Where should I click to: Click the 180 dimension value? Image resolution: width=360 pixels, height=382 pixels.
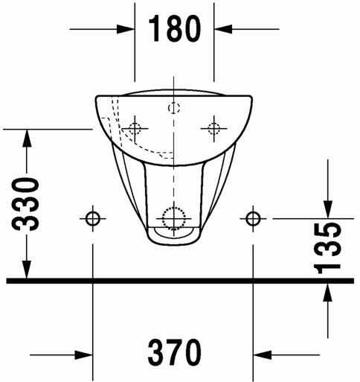[x=175, y=29]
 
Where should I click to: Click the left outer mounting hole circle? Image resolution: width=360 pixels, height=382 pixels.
[x=93, y=218]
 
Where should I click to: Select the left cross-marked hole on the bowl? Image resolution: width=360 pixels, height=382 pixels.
[x=134, y=127]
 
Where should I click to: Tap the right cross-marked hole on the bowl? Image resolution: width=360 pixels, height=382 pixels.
[x=214, y=127]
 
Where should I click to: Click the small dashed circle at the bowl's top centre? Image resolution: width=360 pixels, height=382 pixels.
[x=174, y=106]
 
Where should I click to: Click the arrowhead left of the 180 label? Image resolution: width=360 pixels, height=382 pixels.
[x=127, y=29]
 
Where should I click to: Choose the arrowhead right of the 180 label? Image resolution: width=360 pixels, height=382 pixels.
[x=221, y=29]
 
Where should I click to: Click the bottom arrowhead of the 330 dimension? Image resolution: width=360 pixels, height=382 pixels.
[x=28, y=273]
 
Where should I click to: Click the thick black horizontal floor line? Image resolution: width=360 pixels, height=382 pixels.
[x=179, y=281]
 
